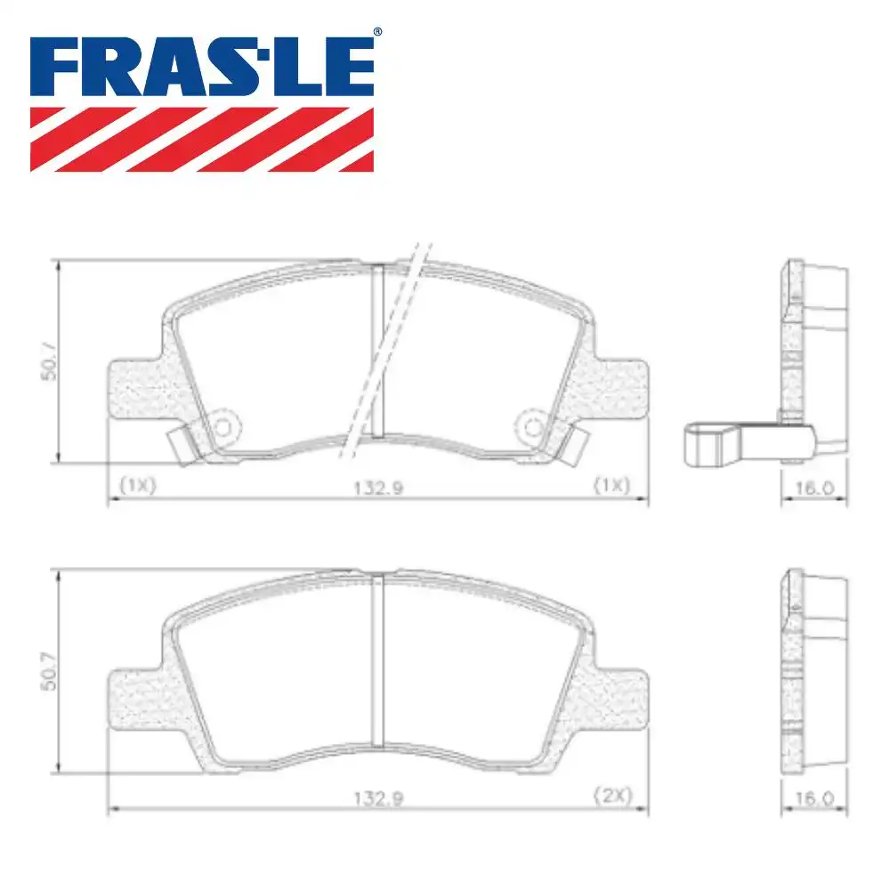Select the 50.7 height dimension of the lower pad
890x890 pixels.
coord(50,670)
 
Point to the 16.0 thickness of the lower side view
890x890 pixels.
coord(813,797)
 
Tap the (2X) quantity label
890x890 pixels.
coord(612,797)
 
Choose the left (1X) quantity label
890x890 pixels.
coord(137,486)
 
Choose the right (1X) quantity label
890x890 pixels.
coord(612,486)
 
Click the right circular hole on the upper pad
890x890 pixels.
coord(533,427)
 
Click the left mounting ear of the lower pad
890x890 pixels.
coord(133,699)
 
